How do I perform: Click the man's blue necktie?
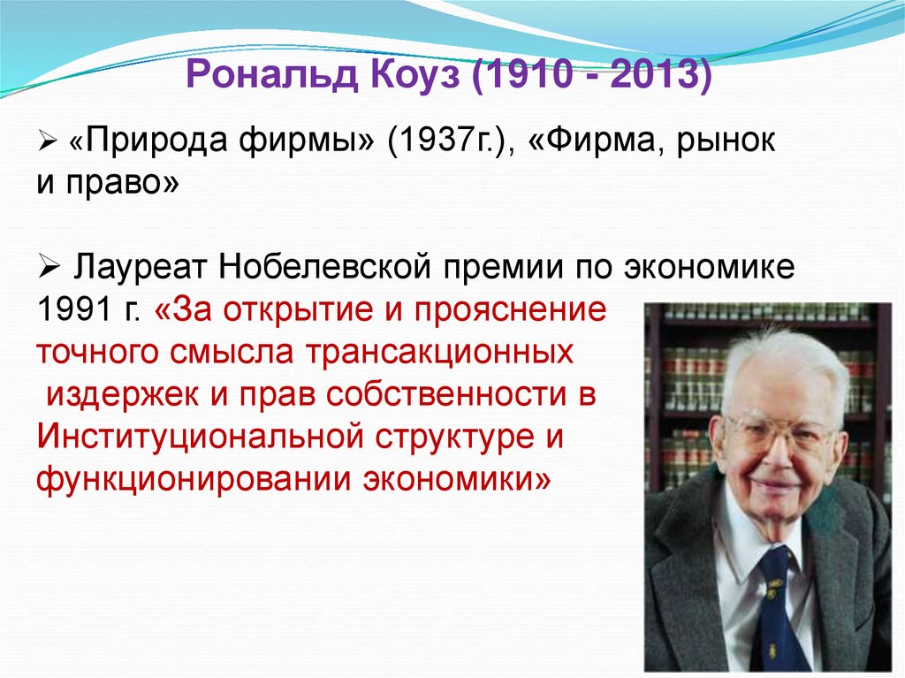[778, 610]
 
